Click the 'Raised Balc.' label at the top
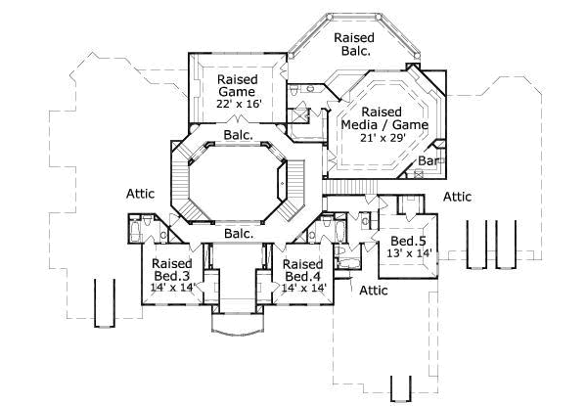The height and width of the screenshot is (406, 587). coord(353,45)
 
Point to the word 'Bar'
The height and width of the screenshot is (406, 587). coord(429,160)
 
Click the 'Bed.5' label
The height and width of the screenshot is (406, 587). coord(406,241)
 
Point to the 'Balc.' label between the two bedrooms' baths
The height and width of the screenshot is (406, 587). coord(238,234)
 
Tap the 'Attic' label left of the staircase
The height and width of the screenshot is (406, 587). coord(141,194)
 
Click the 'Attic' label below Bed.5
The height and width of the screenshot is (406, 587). coord(373,291)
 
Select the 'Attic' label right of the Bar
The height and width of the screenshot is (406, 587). coord(457,197)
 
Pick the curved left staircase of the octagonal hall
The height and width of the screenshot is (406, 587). coord(178,182)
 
